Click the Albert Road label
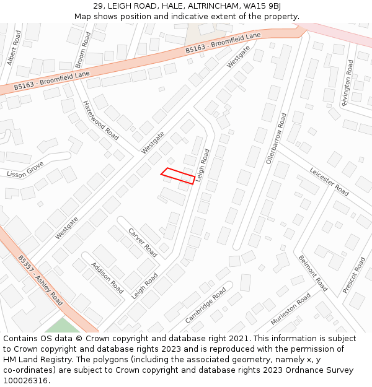14,48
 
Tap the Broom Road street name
83,50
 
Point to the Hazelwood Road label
100,120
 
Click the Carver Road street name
143,243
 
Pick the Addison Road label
107,278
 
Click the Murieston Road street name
291,310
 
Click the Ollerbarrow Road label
277,138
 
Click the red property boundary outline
178,175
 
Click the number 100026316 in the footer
25,380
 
